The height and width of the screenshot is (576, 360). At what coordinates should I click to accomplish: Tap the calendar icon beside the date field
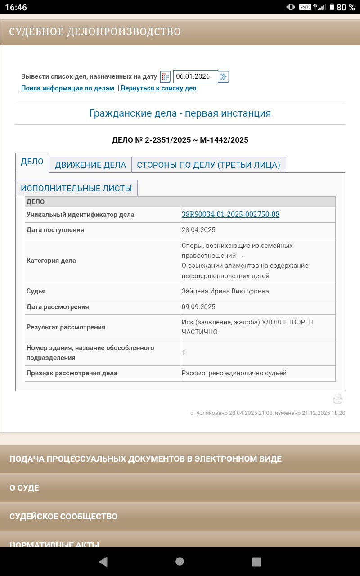pyautogui.click(x=165, y=76)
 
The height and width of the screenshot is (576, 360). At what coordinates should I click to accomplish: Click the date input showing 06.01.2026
pyautogui.click(x=195, y=76)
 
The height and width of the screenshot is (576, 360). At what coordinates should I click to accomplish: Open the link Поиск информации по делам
pyautogui.click(x=67, y=88)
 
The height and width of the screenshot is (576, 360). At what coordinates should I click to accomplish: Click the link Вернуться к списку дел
pyautogui.click(x=158, y=88)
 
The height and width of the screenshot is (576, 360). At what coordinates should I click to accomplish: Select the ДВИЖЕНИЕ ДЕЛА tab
pyautogui.click(x=90, y=165)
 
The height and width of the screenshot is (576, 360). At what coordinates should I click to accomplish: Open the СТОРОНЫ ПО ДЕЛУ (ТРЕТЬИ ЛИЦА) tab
pyautogui.click(x=208, y=165)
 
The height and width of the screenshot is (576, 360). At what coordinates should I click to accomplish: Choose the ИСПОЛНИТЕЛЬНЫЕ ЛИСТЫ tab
pyautogui.click(x=76, y=188)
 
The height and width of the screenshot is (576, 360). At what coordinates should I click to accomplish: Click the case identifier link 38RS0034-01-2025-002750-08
pyautogui.click(x=230, y=215)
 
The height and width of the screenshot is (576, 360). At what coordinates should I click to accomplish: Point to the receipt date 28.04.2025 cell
pyautogui.click(x=198, y=230)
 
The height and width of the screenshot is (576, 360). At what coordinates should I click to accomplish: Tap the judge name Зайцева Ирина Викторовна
pyautogui.click(x=225, y=291)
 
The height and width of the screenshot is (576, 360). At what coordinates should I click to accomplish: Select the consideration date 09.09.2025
pyautogui.click(x=198, y=307)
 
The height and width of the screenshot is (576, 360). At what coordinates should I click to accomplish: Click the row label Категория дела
pyautogui.click(x=51, y=261)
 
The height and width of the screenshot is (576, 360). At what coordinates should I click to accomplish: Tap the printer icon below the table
pyautogui.click(x=337, y=399)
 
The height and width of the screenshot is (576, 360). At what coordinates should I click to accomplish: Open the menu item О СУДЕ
pyautogui.click(x=24, y=488)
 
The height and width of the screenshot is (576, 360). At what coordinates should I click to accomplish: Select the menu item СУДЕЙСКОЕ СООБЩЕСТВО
pyautogui.click(x=63, y=517)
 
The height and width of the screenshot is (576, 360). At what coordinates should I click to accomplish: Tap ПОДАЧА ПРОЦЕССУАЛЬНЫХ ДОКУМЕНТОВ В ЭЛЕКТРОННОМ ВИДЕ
pyautogui.click(x=145, y=459)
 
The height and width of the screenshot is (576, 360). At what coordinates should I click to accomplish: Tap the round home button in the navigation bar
pyautogui.click(x=180, y=561)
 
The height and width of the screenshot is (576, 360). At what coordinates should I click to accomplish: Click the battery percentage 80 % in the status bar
pyautogui.click(x=346, y=7)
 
